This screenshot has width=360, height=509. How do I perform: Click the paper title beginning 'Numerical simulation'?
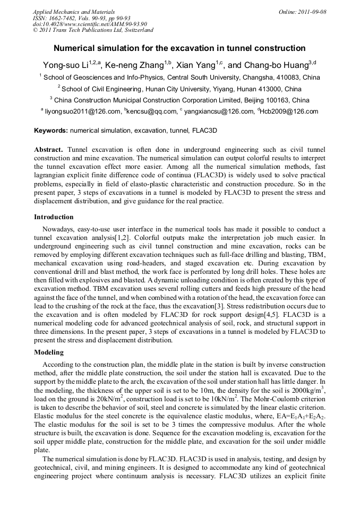coord(180,48)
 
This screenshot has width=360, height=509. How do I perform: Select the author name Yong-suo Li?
coord(65,65)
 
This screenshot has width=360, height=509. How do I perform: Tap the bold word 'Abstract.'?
coord(49,150)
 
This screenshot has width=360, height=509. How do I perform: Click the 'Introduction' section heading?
coord(54,217)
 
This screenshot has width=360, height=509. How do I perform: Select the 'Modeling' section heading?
coord(49,352)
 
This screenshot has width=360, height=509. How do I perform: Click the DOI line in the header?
coord(90,24)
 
